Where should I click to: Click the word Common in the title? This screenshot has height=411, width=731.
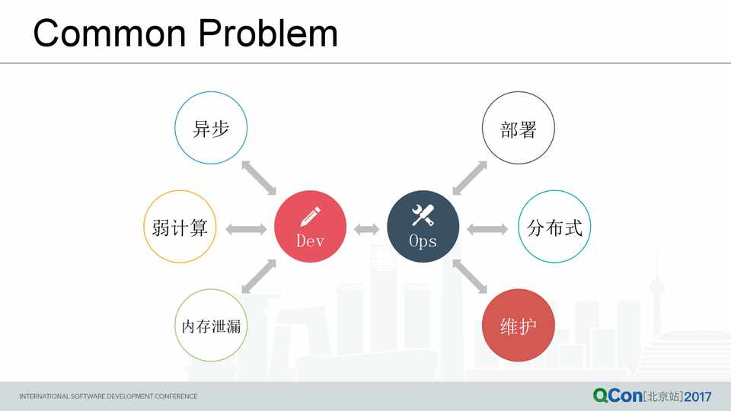[110, 33]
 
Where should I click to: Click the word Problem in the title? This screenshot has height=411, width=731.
[268, 33]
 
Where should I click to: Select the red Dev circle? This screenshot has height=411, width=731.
[310, 227]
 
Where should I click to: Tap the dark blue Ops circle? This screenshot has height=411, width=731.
[423, 227]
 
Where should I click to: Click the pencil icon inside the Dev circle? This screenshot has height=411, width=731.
[310, 216]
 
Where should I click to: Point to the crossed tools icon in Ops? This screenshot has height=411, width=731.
[423, 215]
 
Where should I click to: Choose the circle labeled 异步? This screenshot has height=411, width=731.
[211, 128]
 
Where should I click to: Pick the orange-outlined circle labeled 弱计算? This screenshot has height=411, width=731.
[180, 227]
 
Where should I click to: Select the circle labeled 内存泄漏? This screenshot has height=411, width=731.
[211, 325]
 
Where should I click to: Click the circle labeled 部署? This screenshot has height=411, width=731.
[519, 128]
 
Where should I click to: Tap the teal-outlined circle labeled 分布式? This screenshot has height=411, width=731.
[554, 227]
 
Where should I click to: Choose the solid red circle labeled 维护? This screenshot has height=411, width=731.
[519, 325]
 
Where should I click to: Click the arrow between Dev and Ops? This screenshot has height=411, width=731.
[366, 229]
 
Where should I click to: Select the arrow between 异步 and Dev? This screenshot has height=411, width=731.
[259, 178]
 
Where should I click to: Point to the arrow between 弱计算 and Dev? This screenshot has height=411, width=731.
[246, 229]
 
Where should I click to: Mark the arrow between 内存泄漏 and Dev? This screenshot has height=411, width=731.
[259, 276]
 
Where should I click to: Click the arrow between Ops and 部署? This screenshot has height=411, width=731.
[470, 178]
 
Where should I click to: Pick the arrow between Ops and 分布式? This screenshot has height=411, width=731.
[487, 229]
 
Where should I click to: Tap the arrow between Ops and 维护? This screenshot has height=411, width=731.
[470, 276]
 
